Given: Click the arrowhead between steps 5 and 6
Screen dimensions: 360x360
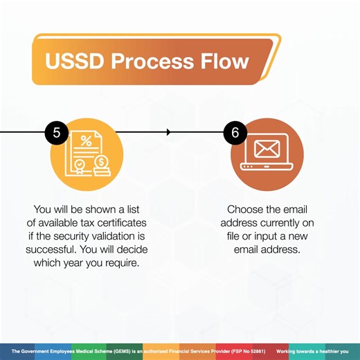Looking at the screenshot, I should coord(169,132).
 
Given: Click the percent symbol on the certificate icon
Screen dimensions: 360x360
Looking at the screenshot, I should coord(86,142).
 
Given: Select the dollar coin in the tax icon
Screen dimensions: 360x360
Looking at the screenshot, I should coord(101,163).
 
